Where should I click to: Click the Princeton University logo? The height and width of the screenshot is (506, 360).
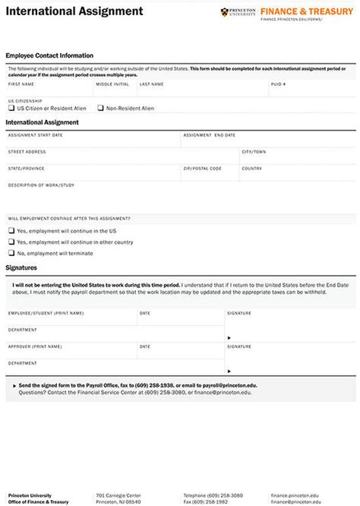coord(237,12)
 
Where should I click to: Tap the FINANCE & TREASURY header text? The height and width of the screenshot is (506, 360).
coord(306,11)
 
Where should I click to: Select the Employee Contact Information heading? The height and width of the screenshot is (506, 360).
coord(49,55)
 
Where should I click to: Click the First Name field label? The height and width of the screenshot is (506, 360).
coord(21,84)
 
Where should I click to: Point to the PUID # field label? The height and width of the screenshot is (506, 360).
coord(278,84)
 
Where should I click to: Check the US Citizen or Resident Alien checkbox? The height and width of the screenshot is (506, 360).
coord(11,108)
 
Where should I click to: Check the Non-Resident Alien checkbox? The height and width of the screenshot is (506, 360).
coord(101,108)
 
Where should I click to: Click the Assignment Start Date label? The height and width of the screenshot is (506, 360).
coord(35,134)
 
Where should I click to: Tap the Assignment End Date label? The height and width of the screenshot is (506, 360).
coord(209,134)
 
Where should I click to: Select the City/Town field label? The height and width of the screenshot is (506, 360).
coord(254,152)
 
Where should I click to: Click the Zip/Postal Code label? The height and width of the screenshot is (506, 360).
coord(202,168)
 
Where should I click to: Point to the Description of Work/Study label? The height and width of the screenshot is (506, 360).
coord(41,185)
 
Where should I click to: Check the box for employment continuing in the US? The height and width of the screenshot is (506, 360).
coord(11,231)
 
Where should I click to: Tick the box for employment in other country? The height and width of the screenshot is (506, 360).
coord(11,242)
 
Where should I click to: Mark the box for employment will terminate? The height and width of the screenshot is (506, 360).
coord(11,253)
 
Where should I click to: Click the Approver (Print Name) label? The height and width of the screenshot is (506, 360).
coord(35,346)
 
